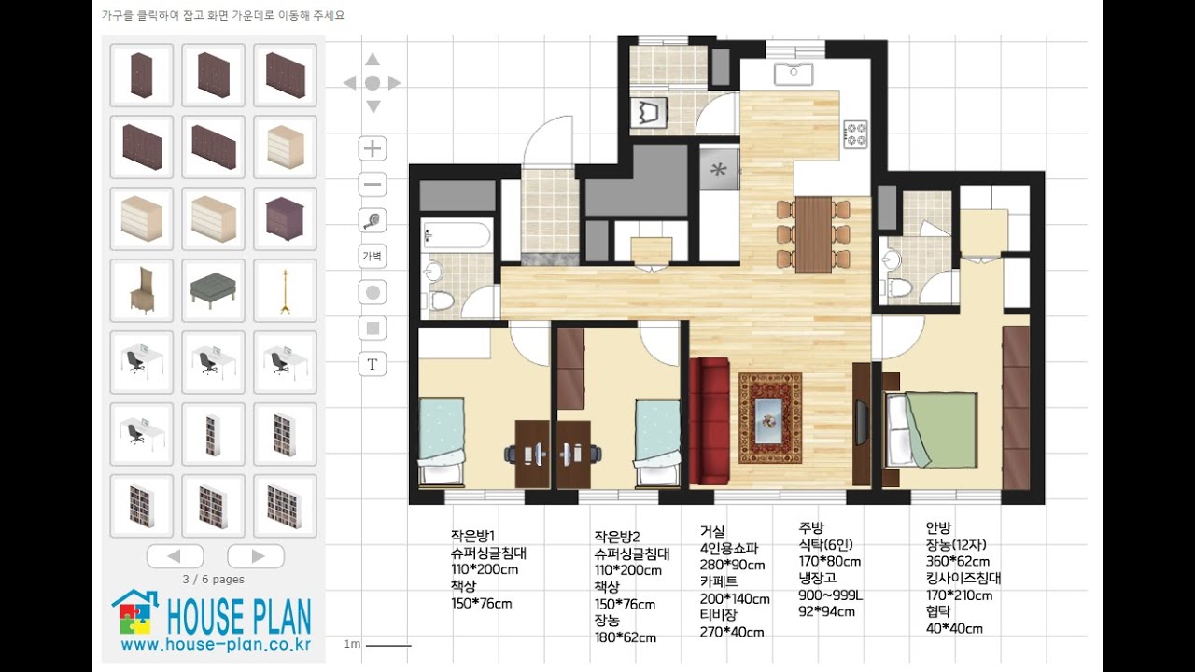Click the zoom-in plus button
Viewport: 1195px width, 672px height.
coord(373,148)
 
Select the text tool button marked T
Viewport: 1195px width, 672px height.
coord(373,364)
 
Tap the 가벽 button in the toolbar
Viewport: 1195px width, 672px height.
coord(373,256)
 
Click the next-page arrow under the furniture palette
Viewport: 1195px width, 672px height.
coord(256,556)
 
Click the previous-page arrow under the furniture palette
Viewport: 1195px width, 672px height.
coord(175,556)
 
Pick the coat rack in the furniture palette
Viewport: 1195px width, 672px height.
coord(285,290)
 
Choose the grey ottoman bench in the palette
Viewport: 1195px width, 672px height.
coord(214,290)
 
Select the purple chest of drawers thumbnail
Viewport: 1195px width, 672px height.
coord(285,218)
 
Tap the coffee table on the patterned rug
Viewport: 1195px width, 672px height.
coord(769,421)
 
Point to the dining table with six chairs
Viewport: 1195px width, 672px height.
coord(813,234)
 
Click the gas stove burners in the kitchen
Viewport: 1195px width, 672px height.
coord(856,134)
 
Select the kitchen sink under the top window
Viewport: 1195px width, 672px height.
coord(794,74)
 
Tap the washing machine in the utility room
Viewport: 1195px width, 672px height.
coord(649,113)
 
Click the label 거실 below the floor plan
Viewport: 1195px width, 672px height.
coord(712,531)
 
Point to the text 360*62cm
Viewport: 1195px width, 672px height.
coord(958,561)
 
